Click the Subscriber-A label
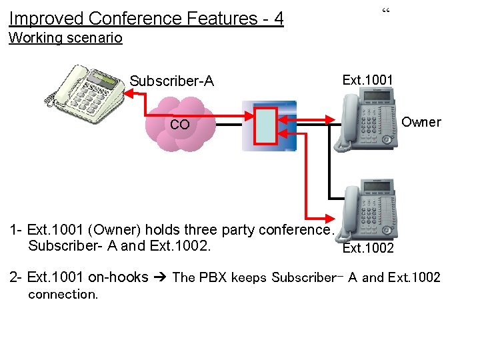click(x=171, y=81)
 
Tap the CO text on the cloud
click(x=179, y=125)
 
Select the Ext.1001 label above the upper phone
click(x=367, y=80)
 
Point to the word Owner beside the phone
click(x=421, y=122)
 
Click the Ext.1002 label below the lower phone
click(x=367, y=248)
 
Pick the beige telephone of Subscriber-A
click(x=85, y=93)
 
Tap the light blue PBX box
click(x=267, y=125)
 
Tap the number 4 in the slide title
click(x=279, y=18)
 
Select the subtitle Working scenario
click(x=65, y=37)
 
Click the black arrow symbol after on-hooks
click(x=160, y=277)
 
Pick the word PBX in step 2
click(x=212, y=277)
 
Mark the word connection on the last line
click(x=63, y=294)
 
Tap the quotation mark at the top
click(x=385, y=11)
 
